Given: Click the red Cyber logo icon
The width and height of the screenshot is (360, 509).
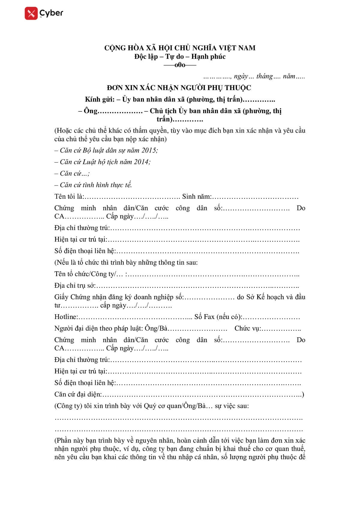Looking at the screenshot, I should tap(31, 13).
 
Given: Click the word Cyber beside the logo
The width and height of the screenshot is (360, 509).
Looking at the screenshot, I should tap(51, 13).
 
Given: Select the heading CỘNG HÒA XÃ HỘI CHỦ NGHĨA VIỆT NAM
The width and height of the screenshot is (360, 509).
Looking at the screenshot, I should tap(180, 48).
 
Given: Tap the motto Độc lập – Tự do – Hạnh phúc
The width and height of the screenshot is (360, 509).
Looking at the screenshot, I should tap(180, 56).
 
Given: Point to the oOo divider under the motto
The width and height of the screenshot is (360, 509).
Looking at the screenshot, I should tap(180, 65).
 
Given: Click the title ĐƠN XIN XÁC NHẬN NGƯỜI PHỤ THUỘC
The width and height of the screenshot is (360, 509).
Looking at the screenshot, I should tap(179, 88).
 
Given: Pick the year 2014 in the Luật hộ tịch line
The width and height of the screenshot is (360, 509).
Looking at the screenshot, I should tap(142, 162).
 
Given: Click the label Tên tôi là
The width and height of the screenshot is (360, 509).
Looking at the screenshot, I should tap(69, 197).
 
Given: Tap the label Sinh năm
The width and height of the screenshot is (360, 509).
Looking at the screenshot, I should tap(196, 197).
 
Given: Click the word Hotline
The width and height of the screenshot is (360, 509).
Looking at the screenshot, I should tap(66, 317).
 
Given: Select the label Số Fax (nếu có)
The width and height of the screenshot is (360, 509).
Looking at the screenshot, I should tap(218, 317).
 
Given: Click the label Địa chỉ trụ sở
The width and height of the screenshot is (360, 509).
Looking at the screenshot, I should tap(74, 285).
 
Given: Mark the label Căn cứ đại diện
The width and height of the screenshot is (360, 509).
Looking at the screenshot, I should tap(78, 394).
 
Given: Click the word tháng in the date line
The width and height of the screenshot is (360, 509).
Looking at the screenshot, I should tap(264, 76).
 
